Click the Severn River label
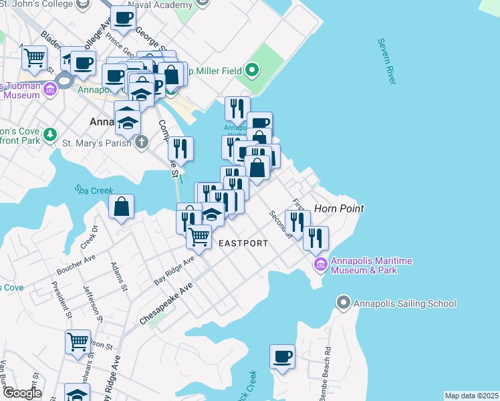[386, 61]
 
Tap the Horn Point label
[339, 209]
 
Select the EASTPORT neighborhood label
[243, 243]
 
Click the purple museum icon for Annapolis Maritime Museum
[320, 265]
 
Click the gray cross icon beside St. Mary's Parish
[141, 142]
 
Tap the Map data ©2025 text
[471, 396]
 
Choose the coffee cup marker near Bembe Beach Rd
[282, 356]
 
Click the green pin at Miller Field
[252, 69]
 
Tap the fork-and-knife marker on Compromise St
[180, 148]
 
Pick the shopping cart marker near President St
[78, 341]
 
